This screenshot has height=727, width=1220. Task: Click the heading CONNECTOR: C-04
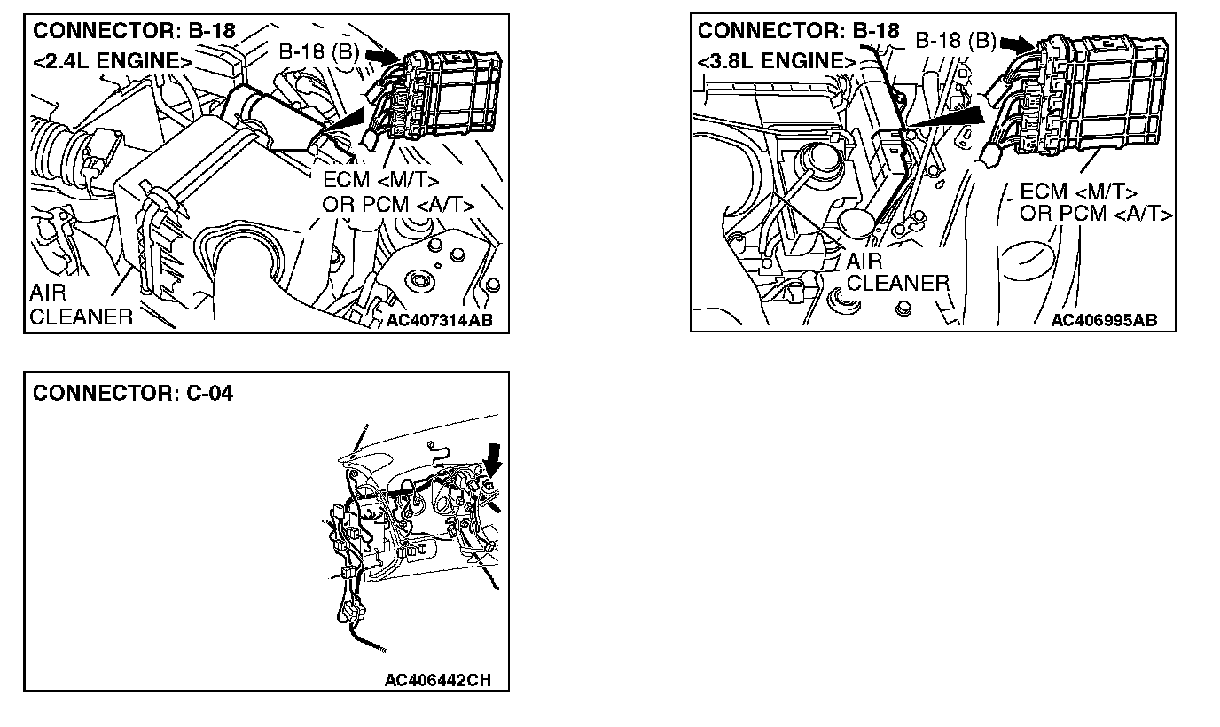click(x=133, y=393)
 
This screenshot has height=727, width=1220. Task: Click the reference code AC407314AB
click(x=439, y=320)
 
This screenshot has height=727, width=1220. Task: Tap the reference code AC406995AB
click(x=1104, y=320)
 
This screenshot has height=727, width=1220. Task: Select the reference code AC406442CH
click(x=437, y=680)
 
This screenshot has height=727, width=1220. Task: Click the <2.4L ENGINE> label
click(x=112, y=61)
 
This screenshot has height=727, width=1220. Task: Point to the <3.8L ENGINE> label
click(x=778, y=61)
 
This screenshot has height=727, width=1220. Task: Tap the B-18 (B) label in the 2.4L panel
click(x=318, y=51)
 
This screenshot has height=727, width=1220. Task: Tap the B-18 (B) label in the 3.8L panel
click(x=955, y=41)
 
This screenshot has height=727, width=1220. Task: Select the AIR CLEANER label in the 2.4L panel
click(x=80, y=305)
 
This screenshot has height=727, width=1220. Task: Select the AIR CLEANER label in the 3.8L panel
click(x=897, y=272)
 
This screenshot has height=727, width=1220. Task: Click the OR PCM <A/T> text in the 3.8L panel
click(x=1096, y=214)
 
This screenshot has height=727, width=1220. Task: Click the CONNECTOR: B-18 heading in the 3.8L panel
click(x=799, y=31)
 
